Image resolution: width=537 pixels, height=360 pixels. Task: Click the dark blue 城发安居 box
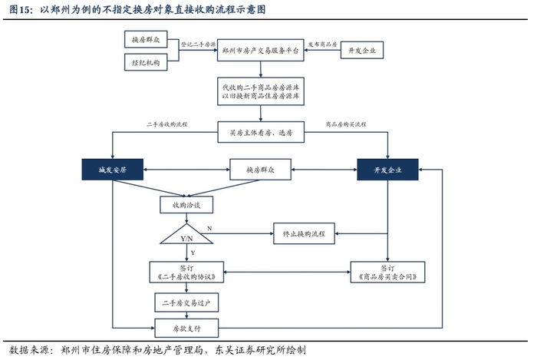click(x=113, y=169)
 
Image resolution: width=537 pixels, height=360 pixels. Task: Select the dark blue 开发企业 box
click(x=387, y=169)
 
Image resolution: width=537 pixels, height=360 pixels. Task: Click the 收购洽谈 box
click(x=186, y=205)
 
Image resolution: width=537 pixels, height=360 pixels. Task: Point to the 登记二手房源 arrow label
click(x=198, y=45)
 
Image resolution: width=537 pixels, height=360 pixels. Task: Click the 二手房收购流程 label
click(x=167, y=124)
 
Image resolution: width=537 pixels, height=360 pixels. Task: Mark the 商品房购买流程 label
click(x=346, y=124)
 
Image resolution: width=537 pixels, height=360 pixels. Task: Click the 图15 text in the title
click(x=21, y=11)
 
